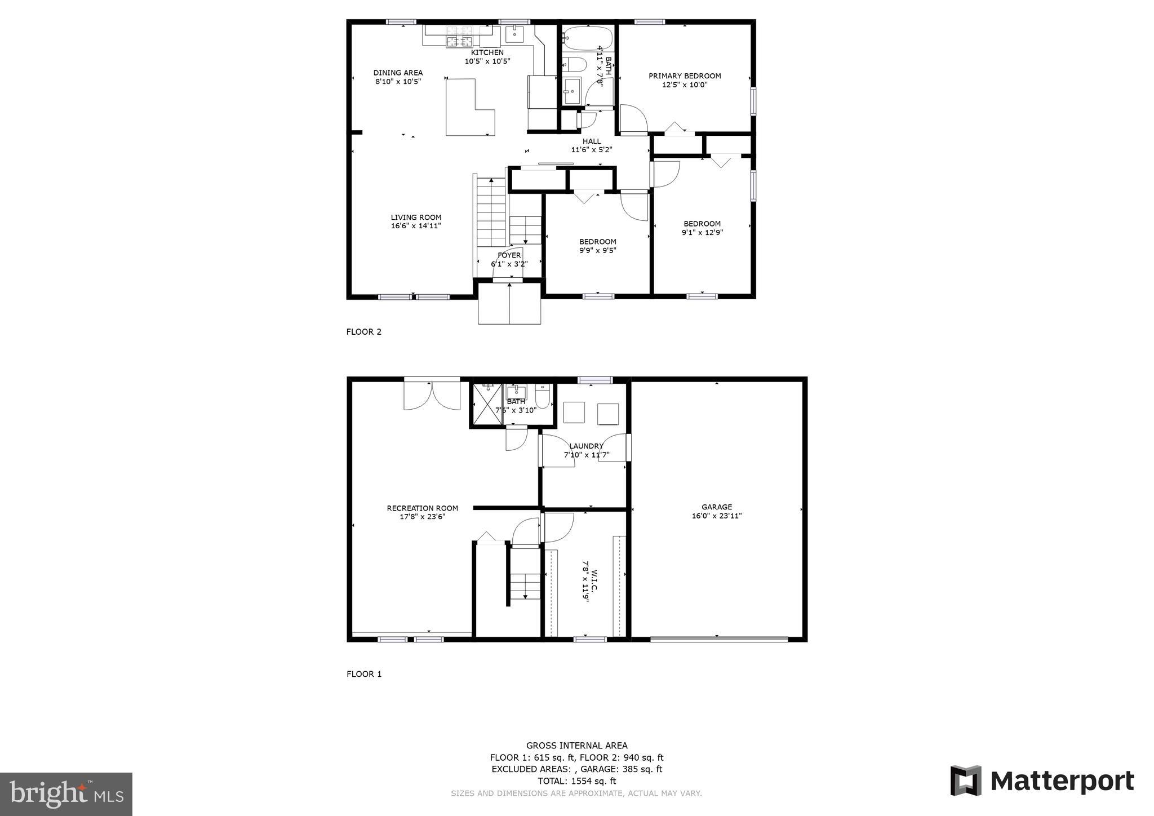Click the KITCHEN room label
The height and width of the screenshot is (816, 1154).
[487, 52]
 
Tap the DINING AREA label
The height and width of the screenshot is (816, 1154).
[398, 73]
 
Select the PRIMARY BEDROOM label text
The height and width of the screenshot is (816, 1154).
[685, 76]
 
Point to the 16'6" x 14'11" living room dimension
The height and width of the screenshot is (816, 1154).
[416, 226]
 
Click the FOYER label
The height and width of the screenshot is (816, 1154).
[509, 255]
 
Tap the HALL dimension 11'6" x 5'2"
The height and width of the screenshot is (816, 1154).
[591, 150]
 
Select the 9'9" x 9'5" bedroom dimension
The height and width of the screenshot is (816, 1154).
[597, 251]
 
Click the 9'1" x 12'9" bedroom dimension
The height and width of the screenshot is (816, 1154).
[702, 232]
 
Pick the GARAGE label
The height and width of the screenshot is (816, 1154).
[717, 507]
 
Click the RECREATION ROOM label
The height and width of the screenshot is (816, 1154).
[422, 508]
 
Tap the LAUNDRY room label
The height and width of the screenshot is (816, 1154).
[586, 446]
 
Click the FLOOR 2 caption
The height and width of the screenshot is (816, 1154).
[363, 332]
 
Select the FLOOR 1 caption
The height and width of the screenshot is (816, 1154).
[363, 674]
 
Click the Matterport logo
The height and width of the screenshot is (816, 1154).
[1042, 781]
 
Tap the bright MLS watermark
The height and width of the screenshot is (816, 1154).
[66, 795]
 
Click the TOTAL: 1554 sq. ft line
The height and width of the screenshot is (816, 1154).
[576, 781]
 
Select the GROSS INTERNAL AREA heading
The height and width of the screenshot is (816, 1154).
[576, 746]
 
